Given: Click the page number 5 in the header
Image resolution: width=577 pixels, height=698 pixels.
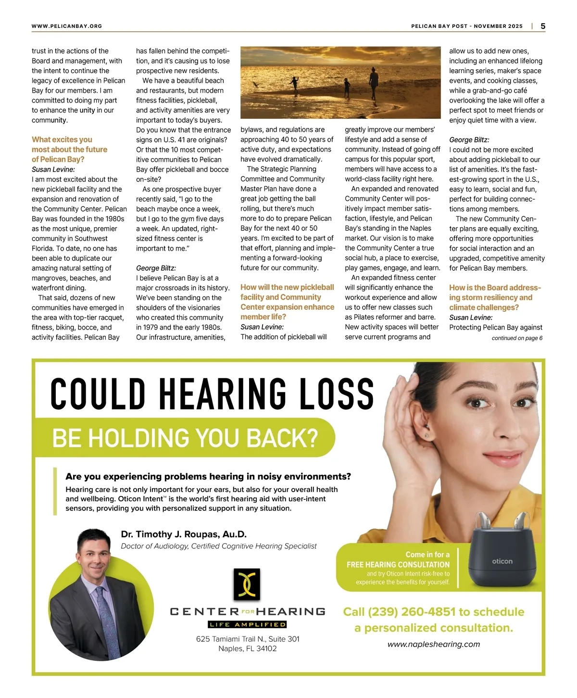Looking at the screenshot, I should tap(543, 26).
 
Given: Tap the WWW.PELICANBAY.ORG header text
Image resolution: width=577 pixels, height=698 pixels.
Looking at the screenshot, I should tap(67, 26).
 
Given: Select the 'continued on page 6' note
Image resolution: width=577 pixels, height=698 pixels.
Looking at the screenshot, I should tap(517, 338).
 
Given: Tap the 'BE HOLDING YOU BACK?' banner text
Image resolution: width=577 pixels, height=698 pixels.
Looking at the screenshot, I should tap(185, 438).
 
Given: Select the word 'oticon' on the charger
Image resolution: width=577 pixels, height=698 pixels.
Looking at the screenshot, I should tap(502, 561).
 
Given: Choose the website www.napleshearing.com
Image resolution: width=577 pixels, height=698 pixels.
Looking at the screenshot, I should tap(434, 644).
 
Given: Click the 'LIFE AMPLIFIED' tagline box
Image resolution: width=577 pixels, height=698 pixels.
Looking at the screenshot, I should tap(247, 624).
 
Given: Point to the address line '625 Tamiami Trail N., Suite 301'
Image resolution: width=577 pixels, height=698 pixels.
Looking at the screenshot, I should tap(248, 639).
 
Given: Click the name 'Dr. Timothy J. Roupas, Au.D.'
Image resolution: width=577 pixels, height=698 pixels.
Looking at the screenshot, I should tap(184, 534).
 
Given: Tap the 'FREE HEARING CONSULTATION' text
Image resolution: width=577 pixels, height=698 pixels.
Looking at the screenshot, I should tap(398, 565).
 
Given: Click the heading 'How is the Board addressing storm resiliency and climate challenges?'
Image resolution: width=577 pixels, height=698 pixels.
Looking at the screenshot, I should tap(495, 297).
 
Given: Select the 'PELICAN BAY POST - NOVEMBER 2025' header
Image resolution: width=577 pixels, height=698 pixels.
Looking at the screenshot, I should tap(466, 26).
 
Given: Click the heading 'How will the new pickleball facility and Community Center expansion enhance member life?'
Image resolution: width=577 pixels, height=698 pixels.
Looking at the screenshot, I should tap(287, 302).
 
